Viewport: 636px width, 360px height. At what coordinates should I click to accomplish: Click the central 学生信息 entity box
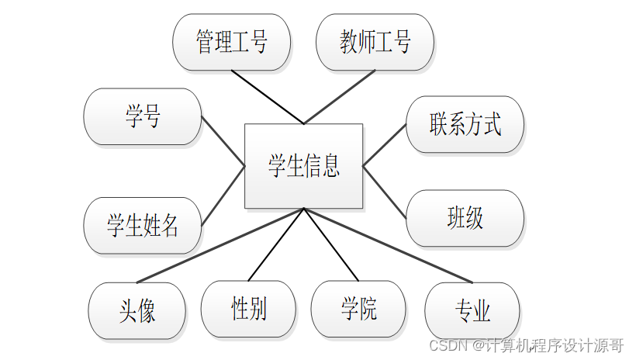pyautogui.click(x=303, y=165)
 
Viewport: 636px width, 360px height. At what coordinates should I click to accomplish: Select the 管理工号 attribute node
pyautogui.click(x=231, y=42)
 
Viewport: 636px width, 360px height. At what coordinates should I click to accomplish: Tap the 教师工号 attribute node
pyautogui.click(x=375, y=42)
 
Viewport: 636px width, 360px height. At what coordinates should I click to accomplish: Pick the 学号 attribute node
pyautogui.click(x=142, y=116)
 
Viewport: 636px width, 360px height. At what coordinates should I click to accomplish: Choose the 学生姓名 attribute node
pyautogui.click(x=142, y=225)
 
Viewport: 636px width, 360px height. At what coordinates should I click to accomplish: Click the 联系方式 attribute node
pyautogui.click(x=465, y=124)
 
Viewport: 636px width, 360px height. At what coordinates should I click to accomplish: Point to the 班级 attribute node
pyautogui.click(x=465, y=218)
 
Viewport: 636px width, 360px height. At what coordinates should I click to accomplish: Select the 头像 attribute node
pyautogui.click(x=137, y=310)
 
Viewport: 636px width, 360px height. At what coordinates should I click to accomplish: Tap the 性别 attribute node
pyautogui.click(x=248, y=309)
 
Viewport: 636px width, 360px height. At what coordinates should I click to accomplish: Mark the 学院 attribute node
pyautogui.click(x=358, y=309)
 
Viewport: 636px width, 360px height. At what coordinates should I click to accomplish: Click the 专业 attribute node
pyautogui.click(x=472, y=310)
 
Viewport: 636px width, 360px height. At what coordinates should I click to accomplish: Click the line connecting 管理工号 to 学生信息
pyautogui.click(x=267, y=97)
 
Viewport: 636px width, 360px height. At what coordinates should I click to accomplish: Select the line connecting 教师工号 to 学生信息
pyautogui.click(x=340, y=97)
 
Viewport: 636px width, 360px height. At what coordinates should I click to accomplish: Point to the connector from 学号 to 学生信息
pyautogui.click(x=223, y=141)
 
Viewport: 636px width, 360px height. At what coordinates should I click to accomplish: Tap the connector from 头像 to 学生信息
pyautogui.click(x=220, y=245)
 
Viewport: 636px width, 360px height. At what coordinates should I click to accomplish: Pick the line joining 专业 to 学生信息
pyautogui.click(x=388, y=245)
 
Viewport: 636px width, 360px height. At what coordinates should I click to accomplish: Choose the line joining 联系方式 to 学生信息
pyautogui.click(x=385, y=144)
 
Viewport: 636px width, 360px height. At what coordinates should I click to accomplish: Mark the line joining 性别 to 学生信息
pyautogui.click(x=276, y=244)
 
